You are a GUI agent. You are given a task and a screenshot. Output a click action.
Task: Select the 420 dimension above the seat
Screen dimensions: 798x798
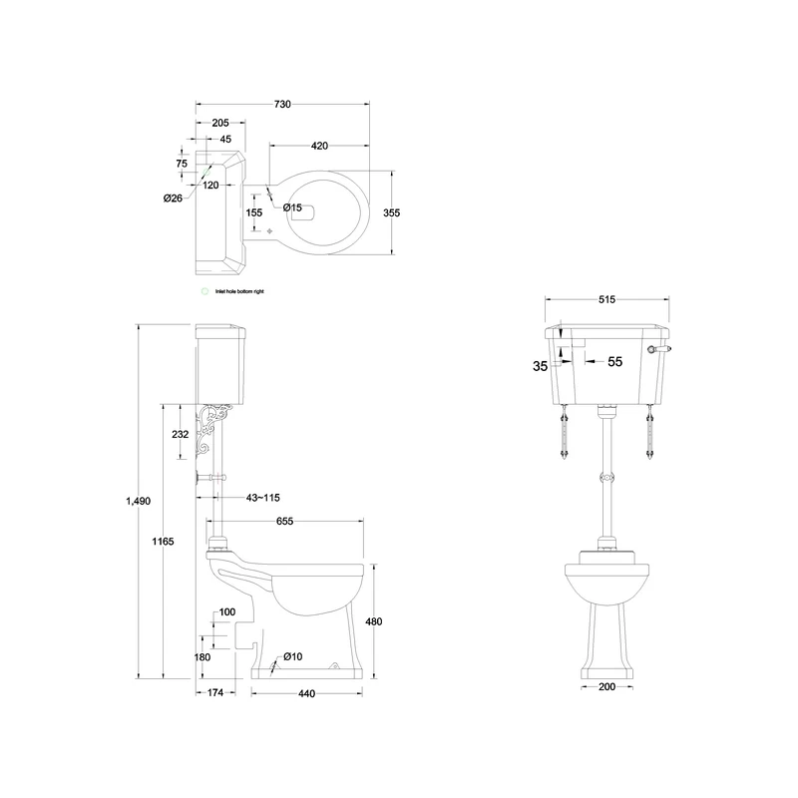[x=319, y=147]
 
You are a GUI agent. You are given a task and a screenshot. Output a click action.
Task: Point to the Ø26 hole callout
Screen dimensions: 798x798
[x=173, y=198]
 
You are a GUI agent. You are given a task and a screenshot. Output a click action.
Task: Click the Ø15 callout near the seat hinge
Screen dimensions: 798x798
[x=292, y=207]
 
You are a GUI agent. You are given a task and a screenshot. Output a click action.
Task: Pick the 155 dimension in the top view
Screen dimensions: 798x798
[x=254, y=211]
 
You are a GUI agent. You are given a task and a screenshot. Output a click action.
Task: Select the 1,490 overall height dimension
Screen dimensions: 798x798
[x=138, y=501]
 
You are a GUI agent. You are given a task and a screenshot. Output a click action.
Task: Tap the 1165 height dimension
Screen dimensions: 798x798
[x=163, y=541]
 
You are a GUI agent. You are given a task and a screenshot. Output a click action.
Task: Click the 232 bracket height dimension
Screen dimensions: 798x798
[x=180, y=434]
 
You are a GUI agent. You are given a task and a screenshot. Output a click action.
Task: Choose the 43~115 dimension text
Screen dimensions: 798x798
[x=262, y=497]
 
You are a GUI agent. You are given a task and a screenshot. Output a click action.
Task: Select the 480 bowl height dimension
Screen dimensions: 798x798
[x=374, y=621]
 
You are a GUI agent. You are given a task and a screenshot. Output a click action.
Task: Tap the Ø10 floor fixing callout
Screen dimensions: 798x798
[x=292, y=655]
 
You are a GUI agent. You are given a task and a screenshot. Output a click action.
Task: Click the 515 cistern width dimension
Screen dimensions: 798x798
[x=606, y=298]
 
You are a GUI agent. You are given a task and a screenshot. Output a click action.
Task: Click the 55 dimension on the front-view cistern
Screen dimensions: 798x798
[x=614, y=362]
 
